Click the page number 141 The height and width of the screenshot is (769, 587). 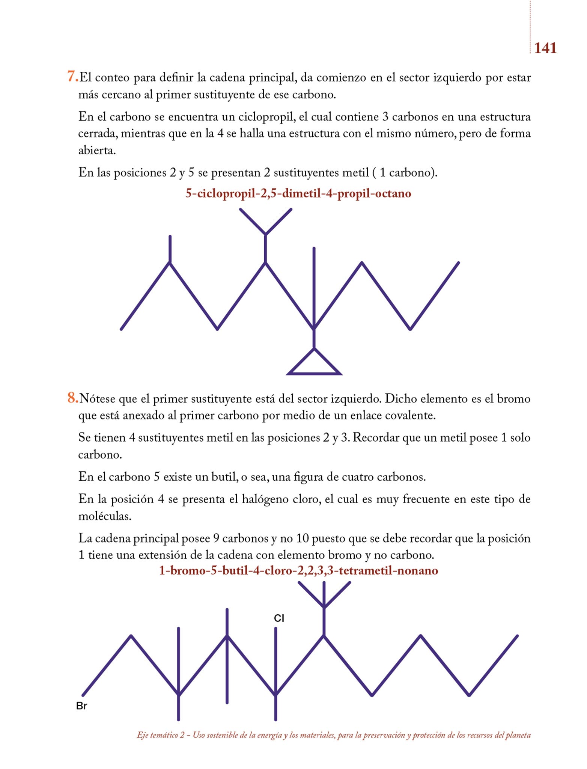pyautogui.click(x=545, y=48)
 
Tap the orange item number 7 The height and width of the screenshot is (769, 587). pyautogui.click(x=72, y=77)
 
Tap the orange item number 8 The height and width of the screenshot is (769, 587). pyautogui.click(x=72, y=398)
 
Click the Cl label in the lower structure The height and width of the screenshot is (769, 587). pyautogui.click(x=279, y=618)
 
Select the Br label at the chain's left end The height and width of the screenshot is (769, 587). pyautogui.click(x=81, y=706)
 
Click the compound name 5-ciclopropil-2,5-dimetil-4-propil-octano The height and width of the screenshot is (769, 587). pyautogui.click(x=298, y=194)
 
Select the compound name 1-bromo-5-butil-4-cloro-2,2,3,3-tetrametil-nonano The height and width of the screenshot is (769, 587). pyautogui.click(x=298, y=571)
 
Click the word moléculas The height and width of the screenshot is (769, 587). pyautogui.click(x=105, y=516)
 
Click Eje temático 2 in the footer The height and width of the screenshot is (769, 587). pyautogui.click(x=161, y=735)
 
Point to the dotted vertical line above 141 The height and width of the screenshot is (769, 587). pyautogui.click(x=530, y=23)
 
